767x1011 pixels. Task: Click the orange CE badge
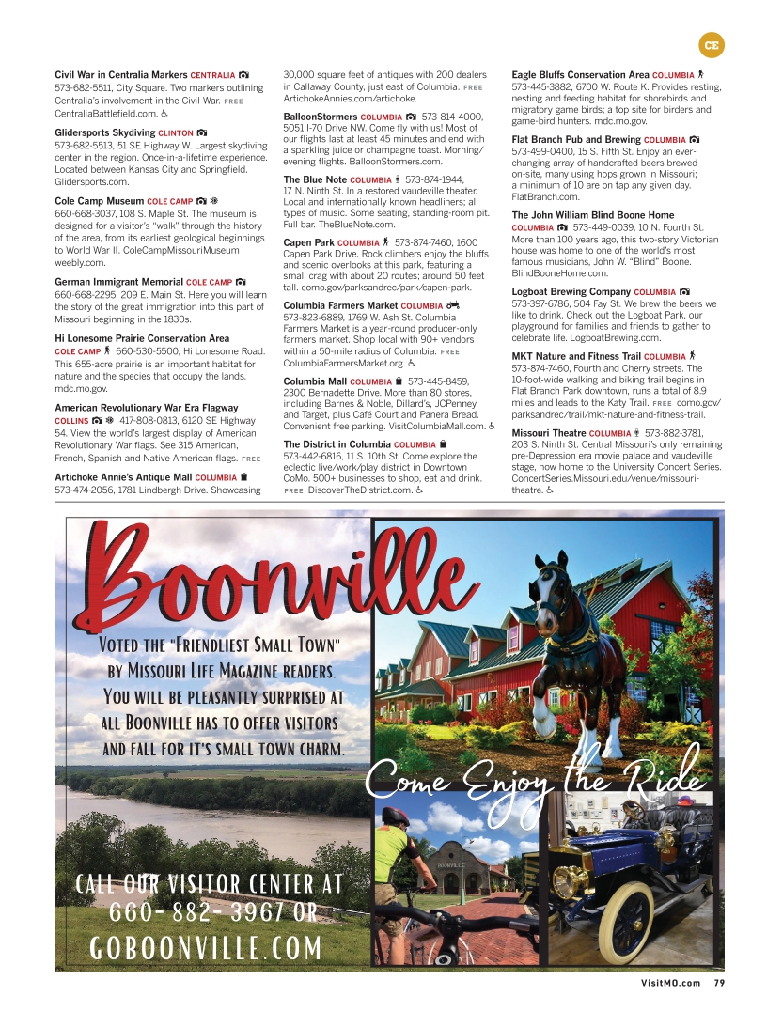tap(712, 44)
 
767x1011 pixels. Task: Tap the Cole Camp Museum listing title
tap(99, 201)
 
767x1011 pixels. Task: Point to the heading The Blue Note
tap(315, 179)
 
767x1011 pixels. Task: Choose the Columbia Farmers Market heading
tap(340, 305)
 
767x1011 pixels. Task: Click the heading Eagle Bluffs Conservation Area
tap(580, 74)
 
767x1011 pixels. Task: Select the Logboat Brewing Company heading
tap(571, 292)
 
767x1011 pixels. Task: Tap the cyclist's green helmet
tap(395, 816)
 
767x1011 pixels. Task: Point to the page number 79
tap(719, 984)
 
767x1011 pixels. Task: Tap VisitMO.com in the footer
tap(670, 984)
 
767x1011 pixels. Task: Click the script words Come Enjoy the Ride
tap(534, 777)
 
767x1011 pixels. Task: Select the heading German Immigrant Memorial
tap(118, 282)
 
